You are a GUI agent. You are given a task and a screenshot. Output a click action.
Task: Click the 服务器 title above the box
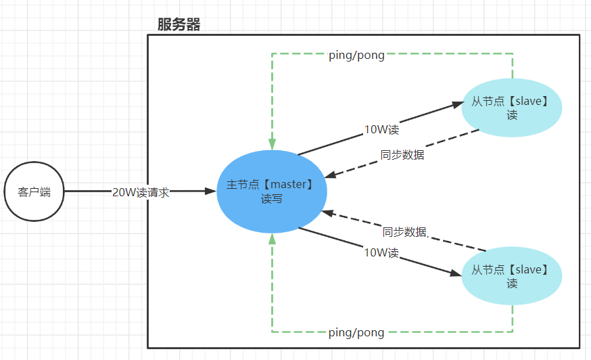tap(179, 25)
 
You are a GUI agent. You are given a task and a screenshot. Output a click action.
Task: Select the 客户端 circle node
tap(34, 192)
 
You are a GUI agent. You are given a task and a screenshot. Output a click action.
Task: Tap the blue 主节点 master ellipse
tap(272, 192)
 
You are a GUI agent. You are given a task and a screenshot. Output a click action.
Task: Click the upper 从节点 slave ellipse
tap(512, 108)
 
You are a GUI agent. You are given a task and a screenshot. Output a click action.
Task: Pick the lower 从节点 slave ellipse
tap(512, 276)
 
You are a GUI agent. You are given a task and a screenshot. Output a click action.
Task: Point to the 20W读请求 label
tap(141, 192)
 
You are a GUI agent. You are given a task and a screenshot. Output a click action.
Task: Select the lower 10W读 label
tap(381, 252)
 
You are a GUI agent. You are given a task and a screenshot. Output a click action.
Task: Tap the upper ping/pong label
tap(356, 55)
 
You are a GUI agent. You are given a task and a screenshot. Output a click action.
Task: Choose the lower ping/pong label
tap(356, 332)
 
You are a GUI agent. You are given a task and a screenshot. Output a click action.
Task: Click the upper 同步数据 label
tap(402, 155)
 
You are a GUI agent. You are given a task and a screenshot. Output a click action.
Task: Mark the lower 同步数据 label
tap(405, 232)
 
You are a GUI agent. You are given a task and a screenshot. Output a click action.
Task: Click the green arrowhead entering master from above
tap(272, 144)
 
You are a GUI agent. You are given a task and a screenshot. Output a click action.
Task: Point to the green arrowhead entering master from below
tap(272, 238)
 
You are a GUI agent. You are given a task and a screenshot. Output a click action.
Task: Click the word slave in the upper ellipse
tap(528, 102)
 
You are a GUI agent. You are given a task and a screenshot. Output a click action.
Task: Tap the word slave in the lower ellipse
tap(528, 270)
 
